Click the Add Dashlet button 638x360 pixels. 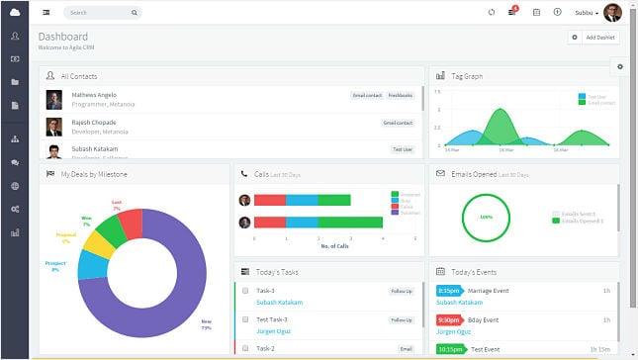click(x=593, y=37)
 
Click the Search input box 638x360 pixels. click(x=103, y=13)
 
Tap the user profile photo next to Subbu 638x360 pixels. click(x=612, y=12)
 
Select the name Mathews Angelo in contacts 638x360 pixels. click(x=91, y=95)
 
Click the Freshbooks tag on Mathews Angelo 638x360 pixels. click(x=401, y=96)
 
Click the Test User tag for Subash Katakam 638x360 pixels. click(x=402, y=149)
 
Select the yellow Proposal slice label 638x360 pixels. click(x=66, y=238)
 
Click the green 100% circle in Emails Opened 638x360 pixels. click(x=486, y=217)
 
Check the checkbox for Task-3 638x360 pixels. click(x=244, y=292)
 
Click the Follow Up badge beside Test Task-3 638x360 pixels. click(x=401, y=320)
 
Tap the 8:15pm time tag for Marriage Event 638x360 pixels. click(x=448, y=291)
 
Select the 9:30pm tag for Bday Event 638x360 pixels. click(x=448, y=319)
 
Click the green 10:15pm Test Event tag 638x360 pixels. click(x=450, y=348)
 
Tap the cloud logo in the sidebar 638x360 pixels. click(x=15, y=12)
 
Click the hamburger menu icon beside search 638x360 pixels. click(x=46, y=13)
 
